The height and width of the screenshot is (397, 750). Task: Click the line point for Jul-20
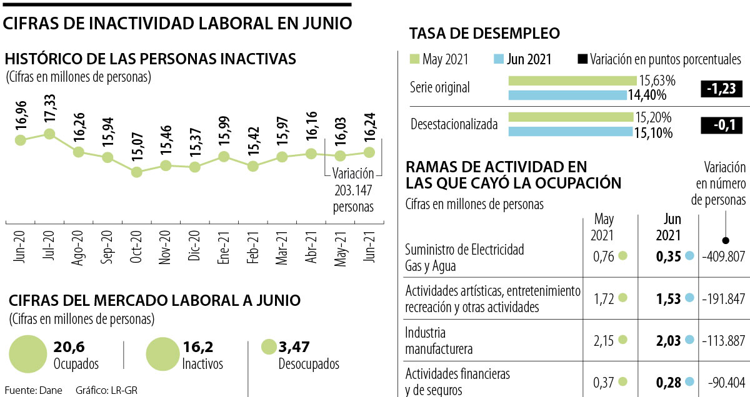coord(49,134)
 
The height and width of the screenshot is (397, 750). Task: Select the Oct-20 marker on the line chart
coord(136,172)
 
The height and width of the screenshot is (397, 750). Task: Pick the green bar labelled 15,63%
coord(573,81)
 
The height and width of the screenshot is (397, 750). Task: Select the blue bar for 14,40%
coord(567,95)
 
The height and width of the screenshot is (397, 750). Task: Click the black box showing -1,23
coord(721,89)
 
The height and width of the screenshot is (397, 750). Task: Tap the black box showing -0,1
coord(721,125)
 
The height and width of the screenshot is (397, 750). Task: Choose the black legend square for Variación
coord(582,59)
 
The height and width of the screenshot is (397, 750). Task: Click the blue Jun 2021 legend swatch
coord(498,59)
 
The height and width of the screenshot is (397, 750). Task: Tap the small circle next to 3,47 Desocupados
coord(269,347)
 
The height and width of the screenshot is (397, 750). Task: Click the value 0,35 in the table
coord(668,256)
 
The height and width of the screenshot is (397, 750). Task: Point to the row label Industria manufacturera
coord(438,340)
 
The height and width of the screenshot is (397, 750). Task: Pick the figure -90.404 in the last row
coord(726,381)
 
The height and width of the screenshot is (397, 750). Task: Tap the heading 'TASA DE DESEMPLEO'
coord(484,33)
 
